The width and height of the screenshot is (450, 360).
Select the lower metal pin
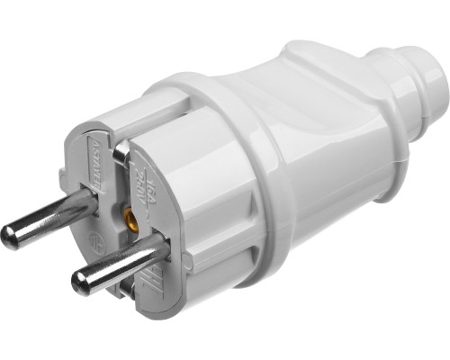117,266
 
